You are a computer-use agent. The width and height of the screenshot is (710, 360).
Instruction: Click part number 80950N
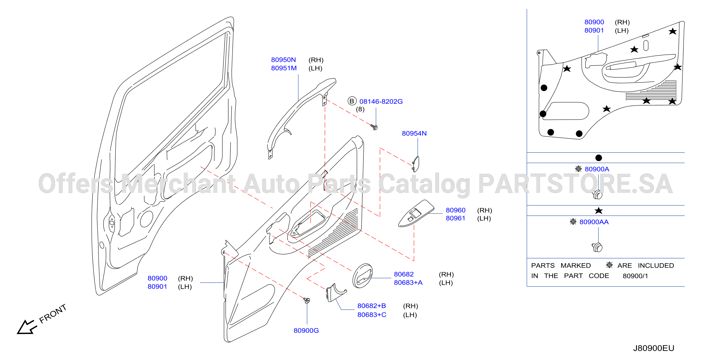[x=283, y=60]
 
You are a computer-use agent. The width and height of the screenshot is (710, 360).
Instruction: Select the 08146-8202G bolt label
[x=381, y=101]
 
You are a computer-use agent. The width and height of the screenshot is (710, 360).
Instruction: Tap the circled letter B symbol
[x=352, y=101]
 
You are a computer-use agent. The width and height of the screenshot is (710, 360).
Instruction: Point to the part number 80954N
[x=414, y=133]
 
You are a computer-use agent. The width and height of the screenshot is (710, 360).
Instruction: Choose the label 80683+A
[x=408, y=283]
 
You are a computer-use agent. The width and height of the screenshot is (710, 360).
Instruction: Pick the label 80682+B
[x=372, y=306]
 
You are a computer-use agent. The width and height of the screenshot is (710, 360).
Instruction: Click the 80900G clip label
[x=306, y=330]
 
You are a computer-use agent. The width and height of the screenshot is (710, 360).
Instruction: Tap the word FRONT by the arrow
[x=53, y=314]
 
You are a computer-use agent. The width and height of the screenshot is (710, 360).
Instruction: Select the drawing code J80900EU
[x=653, y=348]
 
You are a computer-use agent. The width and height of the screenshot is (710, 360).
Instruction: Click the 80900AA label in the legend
[x=594, y=222]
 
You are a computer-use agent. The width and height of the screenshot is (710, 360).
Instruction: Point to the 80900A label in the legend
[x=597, y=169]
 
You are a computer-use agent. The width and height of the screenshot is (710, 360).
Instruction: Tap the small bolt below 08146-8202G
[x=374, y=127]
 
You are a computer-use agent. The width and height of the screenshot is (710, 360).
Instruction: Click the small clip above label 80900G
[x=307, y=300]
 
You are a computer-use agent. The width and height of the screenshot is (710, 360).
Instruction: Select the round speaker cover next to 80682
[x=363, y=276]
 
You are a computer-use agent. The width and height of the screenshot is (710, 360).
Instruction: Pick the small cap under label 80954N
[x=416, y=164]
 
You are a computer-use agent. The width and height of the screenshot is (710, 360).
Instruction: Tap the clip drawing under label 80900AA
[x=597, y=247]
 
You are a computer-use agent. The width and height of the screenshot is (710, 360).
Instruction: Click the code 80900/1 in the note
[x=635, y=276]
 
